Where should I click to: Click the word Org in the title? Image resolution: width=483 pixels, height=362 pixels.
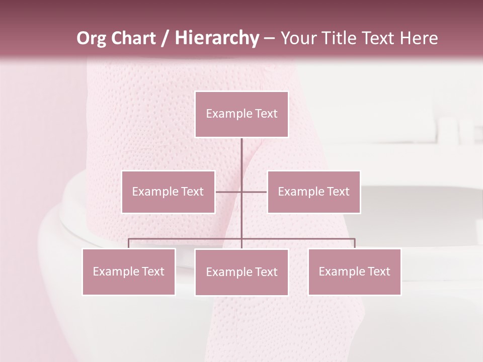point(92,38)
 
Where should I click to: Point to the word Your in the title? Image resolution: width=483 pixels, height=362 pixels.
point(297,38)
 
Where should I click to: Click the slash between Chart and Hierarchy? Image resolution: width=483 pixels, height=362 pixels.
point(165,38)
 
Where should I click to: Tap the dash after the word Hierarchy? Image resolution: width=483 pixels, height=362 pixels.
point(269,38)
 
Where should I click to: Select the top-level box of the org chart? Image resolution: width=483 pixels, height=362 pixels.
point(242,114)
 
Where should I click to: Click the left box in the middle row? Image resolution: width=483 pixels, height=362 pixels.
point(168,192)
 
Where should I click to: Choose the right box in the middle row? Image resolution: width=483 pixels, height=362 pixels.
point(314,192)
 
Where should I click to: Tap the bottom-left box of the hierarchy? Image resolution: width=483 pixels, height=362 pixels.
point(129,271)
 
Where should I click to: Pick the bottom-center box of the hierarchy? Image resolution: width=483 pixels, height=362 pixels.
point(242,272)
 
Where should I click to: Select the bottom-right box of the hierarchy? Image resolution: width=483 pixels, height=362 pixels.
point(355,271)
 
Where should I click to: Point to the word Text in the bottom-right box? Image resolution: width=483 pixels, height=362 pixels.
point(378,271)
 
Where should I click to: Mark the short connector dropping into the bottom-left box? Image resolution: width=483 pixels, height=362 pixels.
point(129,243)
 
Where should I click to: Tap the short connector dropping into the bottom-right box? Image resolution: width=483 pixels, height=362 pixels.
point(355,243)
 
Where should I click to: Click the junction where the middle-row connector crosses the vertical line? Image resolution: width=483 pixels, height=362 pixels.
point(242,192)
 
